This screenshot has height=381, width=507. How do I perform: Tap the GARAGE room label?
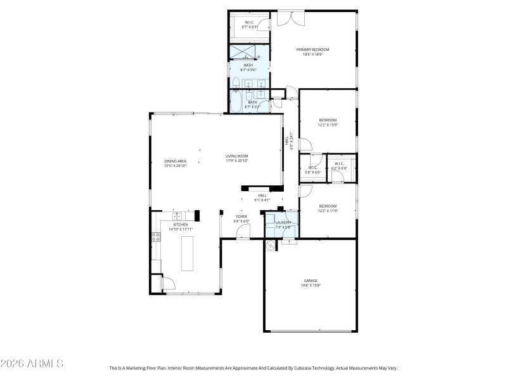(311, 281)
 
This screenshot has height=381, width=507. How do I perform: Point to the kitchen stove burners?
(155, 238)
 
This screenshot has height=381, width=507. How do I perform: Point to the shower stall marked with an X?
(248, 51)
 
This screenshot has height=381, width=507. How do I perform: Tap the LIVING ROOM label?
(236, 156)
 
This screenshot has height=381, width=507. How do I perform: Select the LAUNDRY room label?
(283, 222)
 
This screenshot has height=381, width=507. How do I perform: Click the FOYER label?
(241, 217)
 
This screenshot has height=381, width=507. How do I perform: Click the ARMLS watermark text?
(32, 364)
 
